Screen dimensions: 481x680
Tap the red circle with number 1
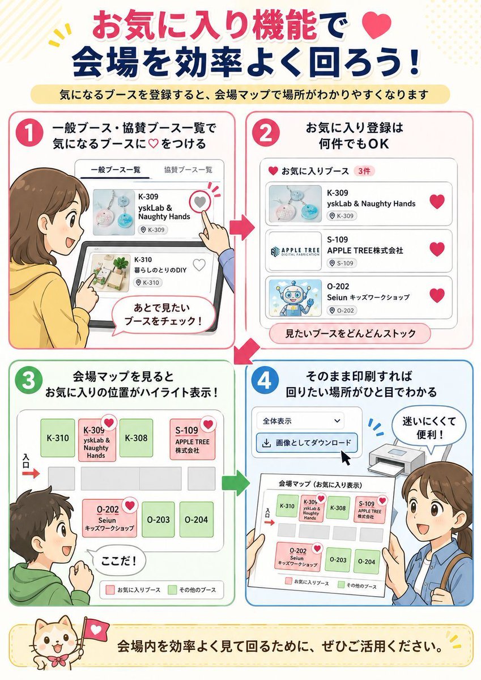pos(29,134)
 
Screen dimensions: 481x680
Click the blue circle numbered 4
pos(265,380)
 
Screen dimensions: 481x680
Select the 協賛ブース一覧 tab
pos(188,169)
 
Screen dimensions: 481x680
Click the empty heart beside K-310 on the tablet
pos(199,265)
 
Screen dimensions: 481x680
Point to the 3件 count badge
pos(364,171)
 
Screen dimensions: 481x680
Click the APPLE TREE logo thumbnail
pos(295,252)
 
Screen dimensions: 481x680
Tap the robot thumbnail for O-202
pos(295,298)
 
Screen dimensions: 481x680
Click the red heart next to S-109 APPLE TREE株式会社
pos(437,249)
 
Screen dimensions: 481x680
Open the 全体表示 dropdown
pos(300,421)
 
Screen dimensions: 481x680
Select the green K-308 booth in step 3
pos(136,437)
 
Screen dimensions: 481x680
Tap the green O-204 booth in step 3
pos(196,520)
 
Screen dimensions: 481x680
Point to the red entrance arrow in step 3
pos(31,473)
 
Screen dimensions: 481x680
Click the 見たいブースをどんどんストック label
pos(350,334)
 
